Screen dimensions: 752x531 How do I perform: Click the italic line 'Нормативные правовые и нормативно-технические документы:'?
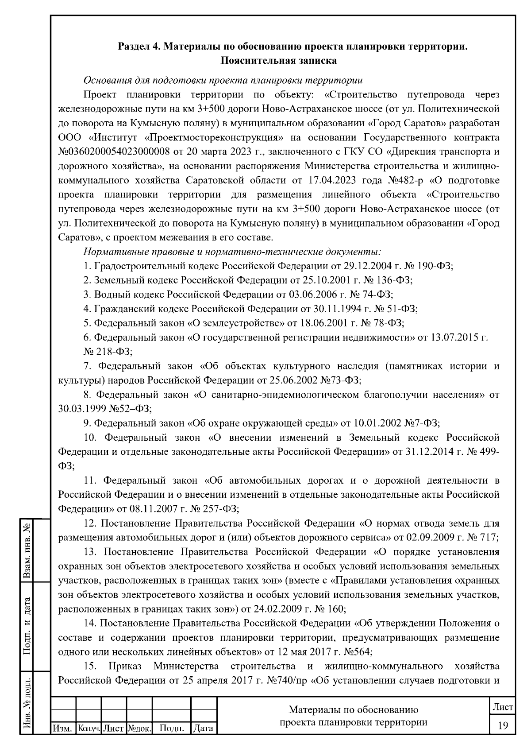point(232,252)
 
